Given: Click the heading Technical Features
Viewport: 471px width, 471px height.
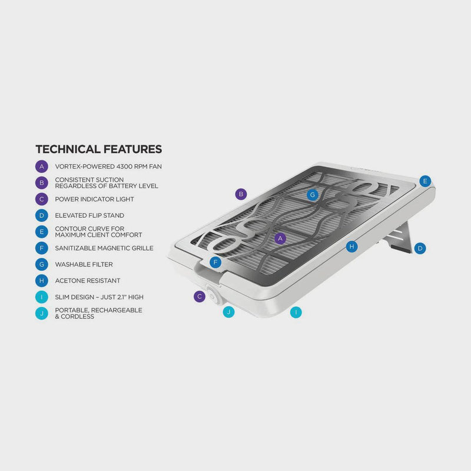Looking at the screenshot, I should point(98,149).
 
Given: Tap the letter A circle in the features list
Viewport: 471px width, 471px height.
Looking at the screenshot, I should point(41,167).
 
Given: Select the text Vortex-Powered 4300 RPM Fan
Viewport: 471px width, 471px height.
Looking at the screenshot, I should point(108,167).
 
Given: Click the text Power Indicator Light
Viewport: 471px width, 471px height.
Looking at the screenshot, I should point(94,200).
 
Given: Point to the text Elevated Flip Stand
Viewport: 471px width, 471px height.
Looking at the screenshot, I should point(89,215).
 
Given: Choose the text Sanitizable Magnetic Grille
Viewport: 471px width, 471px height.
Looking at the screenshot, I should point(104,248).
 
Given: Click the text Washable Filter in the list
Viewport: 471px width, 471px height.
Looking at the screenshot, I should point(84,265).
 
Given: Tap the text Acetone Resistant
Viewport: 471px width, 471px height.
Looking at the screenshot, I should point(87,281).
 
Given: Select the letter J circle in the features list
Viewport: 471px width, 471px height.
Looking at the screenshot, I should point(41,313).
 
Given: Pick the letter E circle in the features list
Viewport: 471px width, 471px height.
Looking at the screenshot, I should point(41,232).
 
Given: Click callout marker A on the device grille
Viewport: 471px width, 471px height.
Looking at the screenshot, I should point(281,238).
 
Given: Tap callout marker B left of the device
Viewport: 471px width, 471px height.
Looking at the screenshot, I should point(240,193).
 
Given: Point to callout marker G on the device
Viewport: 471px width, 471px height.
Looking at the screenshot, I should point(313,194).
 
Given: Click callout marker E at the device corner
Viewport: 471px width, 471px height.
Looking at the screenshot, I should point(425,181).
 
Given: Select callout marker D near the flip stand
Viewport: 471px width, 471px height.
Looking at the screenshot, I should point(420,248).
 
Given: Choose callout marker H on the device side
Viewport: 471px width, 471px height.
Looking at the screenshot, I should point(351,246).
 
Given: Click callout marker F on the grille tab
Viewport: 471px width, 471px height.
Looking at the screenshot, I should point(216,262).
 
